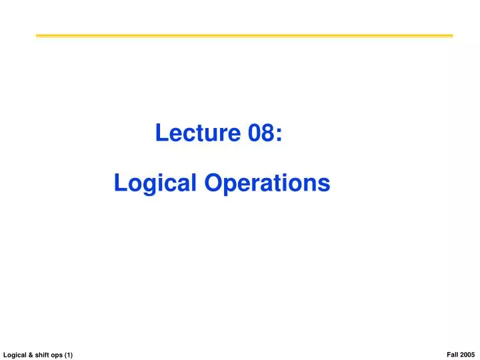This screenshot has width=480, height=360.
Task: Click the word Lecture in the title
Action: (197, 133)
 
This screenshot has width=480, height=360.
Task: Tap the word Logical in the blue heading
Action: (151, 183)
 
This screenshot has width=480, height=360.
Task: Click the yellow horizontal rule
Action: (244, 35)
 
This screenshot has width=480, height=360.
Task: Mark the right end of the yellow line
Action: (451, 35)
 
